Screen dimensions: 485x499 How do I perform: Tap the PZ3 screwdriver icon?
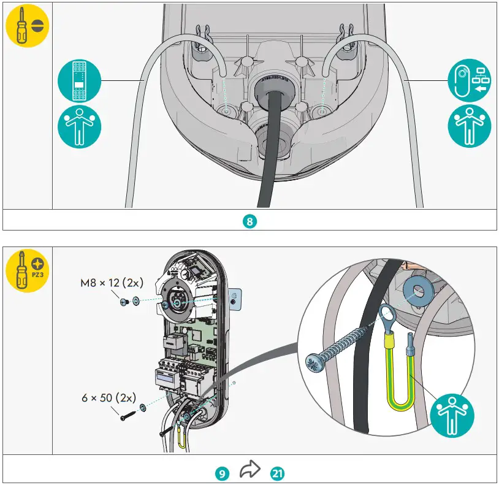tap(28, 270)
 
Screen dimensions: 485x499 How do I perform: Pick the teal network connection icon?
tap(470, 80)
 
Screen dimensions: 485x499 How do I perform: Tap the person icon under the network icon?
tap(470, 126)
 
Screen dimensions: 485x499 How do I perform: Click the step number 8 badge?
tap(249, 221)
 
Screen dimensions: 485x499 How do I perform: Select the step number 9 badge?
tap(223, 473)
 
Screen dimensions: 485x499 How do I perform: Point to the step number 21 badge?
tap(276, 473)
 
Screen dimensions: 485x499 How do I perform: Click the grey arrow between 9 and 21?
tap(250, 471)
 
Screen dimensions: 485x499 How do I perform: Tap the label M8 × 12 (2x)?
tap(111, 283)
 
